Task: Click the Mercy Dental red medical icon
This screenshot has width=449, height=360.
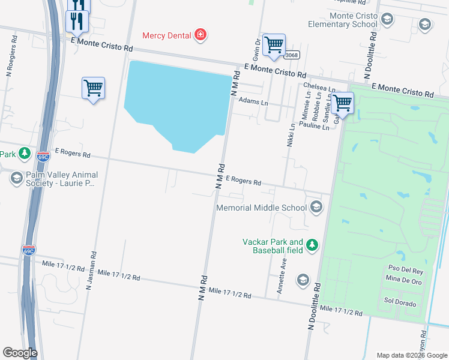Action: coord(200,35)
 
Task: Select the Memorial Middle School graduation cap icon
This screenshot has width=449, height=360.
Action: coord(316,208)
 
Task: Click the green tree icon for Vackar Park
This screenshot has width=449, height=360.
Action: coord(312,245)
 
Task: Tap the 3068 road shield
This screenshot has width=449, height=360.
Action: coord(292,55)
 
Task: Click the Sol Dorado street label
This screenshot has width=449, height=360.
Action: coord(399,303)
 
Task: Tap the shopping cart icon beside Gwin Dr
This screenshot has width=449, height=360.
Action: coord(274,44)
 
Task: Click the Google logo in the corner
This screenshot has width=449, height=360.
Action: coord(20,353)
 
